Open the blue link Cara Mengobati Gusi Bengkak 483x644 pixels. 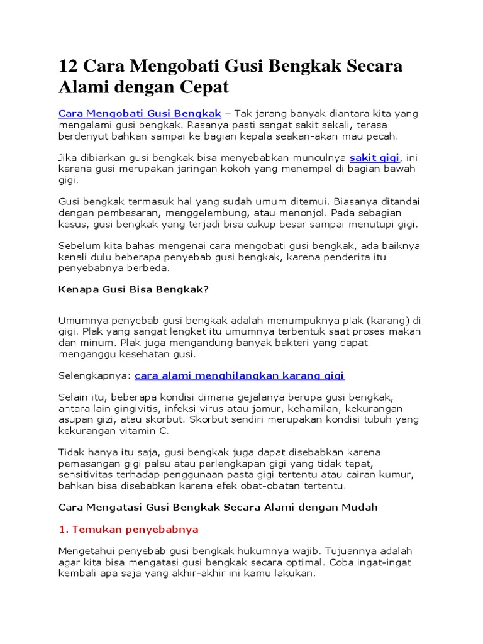(x=140, y=113)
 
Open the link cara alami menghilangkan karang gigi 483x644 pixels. (x=240, y=375)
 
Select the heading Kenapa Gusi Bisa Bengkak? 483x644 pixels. (x=133, y=291)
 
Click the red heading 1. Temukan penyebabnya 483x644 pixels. (x=128, y=530)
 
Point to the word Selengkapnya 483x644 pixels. (x=94, y=375)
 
